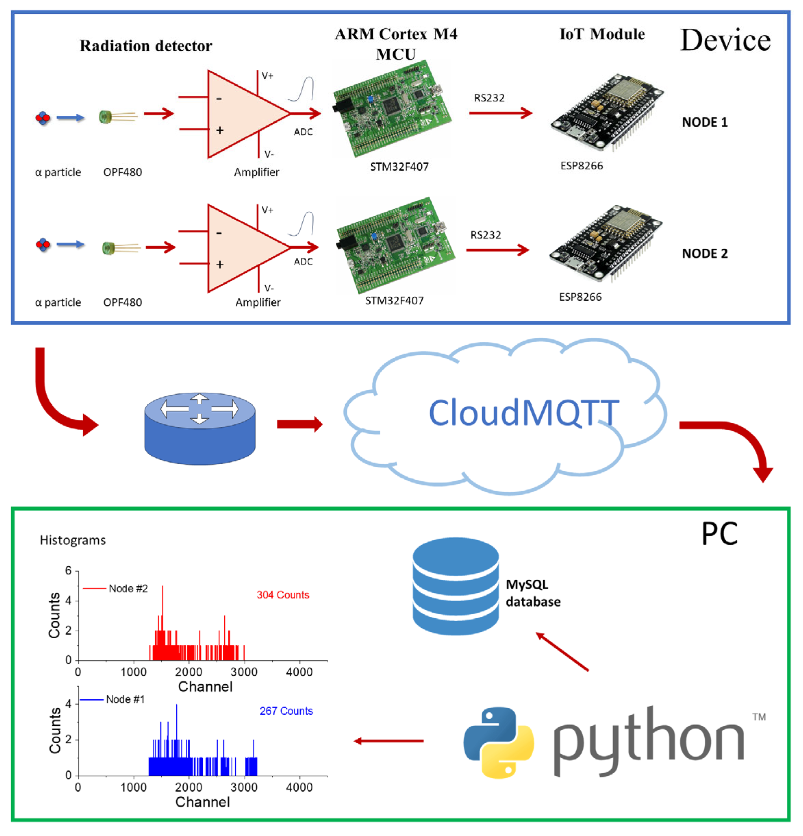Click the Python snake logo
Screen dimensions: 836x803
tap(498, 742)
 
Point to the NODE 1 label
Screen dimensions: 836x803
tap(704, 122)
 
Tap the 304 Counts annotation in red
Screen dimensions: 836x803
tap(283, 595)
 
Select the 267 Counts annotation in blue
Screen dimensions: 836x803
tap(286, 711)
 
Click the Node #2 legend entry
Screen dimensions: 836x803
tap(127, 589)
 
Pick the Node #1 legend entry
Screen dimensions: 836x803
tap(125, 700)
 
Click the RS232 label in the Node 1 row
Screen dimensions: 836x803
tap(489, 98)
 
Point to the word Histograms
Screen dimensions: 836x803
tap(73, 540)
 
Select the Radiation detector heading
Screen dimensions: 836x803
tap(146, 46)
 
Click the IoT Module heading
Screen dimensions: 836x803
tap(602, 34)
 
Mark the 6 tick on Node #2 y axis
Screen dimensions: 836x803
tap(68, 571)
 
